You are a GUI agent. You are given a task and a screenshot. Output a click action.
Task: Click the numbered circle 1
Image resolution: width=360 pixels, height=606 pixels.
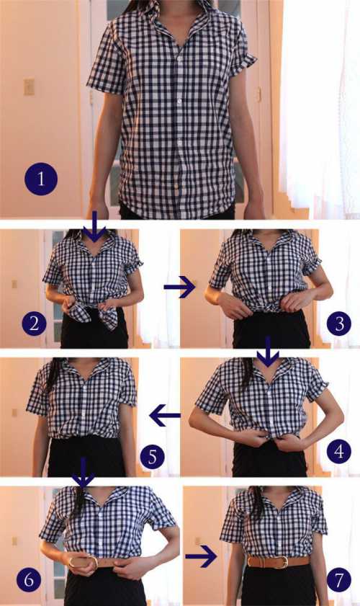click(x=41, y=179)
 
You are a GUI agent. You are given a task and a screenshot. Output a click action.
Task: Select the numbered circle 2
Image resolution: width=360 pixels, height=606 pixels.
click(x=34, y=323)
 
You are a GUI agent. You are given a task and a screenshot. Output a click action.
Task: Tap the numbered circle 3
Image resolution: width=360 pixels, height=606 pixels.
click(x=339, y=323)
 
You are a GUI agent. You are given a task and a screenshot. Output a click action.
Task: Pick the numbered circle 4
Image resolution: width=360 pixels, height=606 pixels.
click(x=339, y=450)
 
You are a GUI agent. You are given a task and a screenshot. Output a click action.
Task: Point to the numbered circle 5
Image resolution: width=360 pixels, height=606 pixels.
click(x=152, y=456)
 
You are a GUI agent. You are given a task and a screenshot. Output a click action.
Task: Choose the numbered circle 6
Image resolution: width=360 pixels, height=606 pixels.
click(x=29, y=580)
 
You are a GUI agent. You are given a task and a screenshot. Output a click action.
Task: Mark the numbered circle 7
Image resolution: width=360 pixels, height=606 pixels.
click(x=339, y=580)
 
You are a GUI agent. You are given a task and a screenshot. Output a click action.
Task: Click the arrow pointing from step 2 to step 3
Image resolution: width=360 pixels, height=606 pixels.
click(x=179, y=288)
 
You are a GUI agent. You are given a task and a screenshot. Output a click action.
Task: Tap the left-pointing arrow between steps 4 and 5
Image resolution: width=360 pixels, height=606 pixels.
click(x=165, y=416)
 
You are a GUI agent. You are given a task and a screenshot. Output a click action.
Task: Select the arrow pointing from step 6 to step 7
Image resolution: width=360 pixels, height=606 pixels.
click(x=201, y=556)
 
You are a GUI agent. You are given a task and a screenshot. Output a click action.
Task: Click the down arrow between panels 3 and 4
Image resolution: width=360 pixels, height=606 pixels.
click(x=268, y=352)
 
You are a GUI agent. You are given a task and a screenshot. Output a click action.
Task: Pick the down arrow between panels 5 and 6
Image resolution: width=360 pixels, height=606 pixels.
click(x=83, y=472)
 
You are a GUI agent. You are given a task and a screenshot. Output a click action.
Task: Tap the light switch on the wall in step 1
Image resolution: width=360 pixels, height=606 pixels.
click(x=29, y=87)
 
